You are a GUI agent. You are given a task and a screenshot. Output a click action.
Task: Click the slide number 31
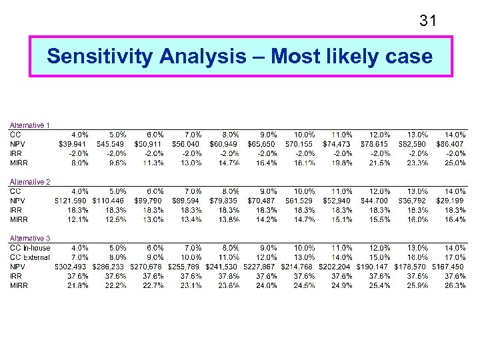[428, 21]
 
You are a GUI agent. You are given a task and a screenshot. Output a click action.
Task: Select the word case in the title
[408, 57]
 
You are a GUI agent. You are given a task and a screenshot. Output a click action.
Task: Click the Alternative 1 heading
[29, 125]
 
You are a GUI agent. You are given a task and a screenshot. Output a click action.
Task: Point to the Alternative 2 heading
[29, 182]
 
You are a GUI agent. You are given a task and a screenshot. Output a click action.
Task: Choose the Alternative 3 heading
[29, 239]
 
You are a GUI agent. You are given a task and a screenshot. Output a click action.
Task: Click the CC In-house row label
[29, 248]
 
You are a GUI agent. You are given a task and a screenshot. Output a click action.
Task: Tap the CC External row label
[29, 257]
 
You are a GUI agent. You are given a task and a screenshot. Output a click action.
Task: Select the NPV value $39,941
[73, 144]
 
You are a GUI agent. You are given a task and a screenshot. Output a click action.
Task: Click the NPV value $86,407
[451, 144]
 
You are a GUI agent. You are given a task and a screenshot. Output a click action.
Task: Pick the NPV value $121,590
[71, 201]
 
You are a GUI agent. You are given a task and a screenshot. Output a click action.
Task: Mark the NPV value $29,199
[451, 201]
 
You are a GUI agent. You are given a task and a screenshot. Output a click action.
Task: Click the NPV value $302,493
[71, 267]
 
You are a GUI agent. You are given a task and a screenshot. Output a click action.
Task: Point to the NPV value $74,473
[337, 144]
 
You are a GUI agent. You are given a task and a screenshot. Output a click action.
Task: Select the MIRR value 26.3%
[455, 286]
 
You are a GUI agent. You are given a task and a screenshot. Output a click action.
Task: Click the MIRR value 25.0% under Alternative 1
[455, 163]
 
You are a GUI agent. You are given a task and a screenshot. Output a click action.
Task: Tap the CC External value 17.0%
[455, 257]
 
